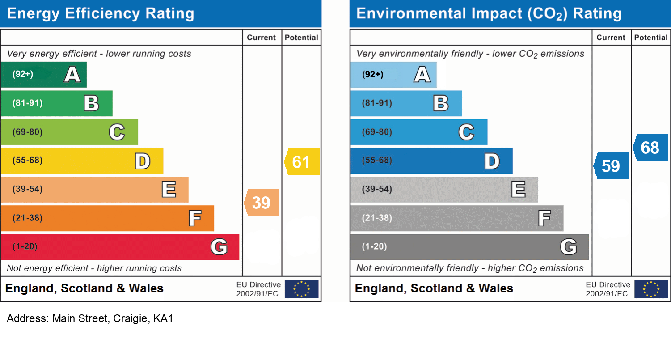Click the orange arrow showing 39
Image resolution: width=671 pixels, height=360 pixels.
262,203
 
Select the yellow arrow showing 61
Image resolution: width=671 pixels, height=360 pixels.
302,161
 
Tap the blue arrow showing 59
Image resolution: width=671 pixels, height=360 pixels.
612,166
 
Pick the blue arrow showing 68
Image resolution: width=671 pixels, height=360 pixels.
651,148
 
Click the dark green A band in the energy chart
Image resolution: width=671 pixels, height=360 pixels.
43,74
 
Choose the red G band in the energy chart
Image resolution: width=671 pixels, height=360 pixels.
120,247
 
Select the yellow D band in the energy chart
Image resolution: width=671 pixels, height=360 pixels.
82,161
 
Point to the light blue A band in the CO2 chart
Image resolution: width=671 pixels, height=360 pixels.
393,74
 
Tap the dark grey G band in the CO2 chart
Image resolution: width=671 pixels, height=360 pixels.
469,247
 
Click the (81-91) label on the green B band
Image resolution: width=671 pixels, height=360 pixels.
28,103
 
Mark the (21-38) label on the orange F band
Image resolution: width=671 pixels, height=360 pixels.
28,218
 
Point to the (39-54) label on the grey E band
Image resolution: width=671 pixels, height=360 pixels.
377,189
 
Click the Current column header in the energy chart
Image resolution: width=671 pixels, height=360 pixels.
262,38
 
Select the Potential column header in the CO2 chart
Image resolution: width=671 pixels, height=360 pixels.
651,38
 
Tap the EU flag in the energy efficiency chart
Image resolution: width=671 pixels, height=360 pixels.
302,289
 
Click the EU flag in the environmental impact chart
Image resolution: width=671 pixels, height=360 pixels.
651,289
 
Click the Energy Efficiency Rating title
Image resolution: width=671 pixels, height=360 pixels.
101,13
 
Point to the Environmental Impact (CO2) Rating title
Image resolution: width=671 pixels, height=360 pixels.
489,13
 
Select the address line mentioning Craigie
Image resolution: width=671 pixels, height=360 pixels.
90,319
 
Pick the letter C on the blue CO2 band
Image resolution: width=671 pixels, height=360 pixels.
466,132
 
